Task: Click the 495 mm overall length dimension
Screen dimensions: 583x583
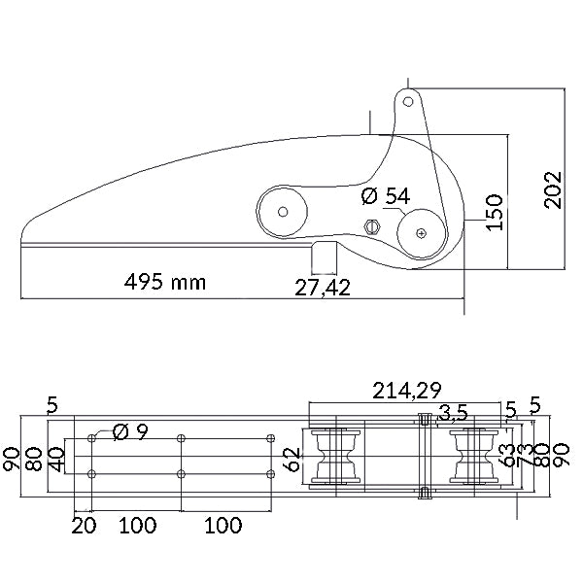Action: (x=165, y=283)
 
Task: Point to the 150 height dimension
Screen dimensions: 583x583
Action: (x=494, y=213)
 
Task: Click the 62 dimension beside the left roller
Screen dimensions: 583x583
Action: (x=290, y=460)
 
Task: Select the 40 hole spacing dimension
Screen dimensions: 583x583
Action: (x=55, y=459)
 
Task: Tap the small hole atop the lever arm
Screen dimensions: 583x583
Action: (x=409, y=100)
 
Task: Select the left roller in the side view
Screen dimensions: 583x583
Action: (x=283, y=211)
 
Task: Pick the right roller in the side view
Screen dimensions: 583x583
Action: (x=421, y=231)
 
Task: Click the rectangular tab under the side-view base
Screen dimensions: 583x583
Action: (x=323, y=257)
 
